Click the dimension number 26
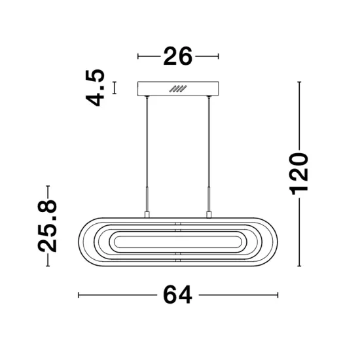point(177,56)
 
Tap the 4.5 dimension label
point(95,88)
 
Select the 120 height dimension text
point(298,174)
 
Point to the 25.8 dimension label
point(47,226)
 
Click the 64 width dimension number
point(177,295)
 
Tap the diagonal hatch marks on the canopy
point(178,88)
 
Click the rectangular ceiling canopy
point(178,88)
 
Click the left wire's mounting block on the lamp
point(147,215)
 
